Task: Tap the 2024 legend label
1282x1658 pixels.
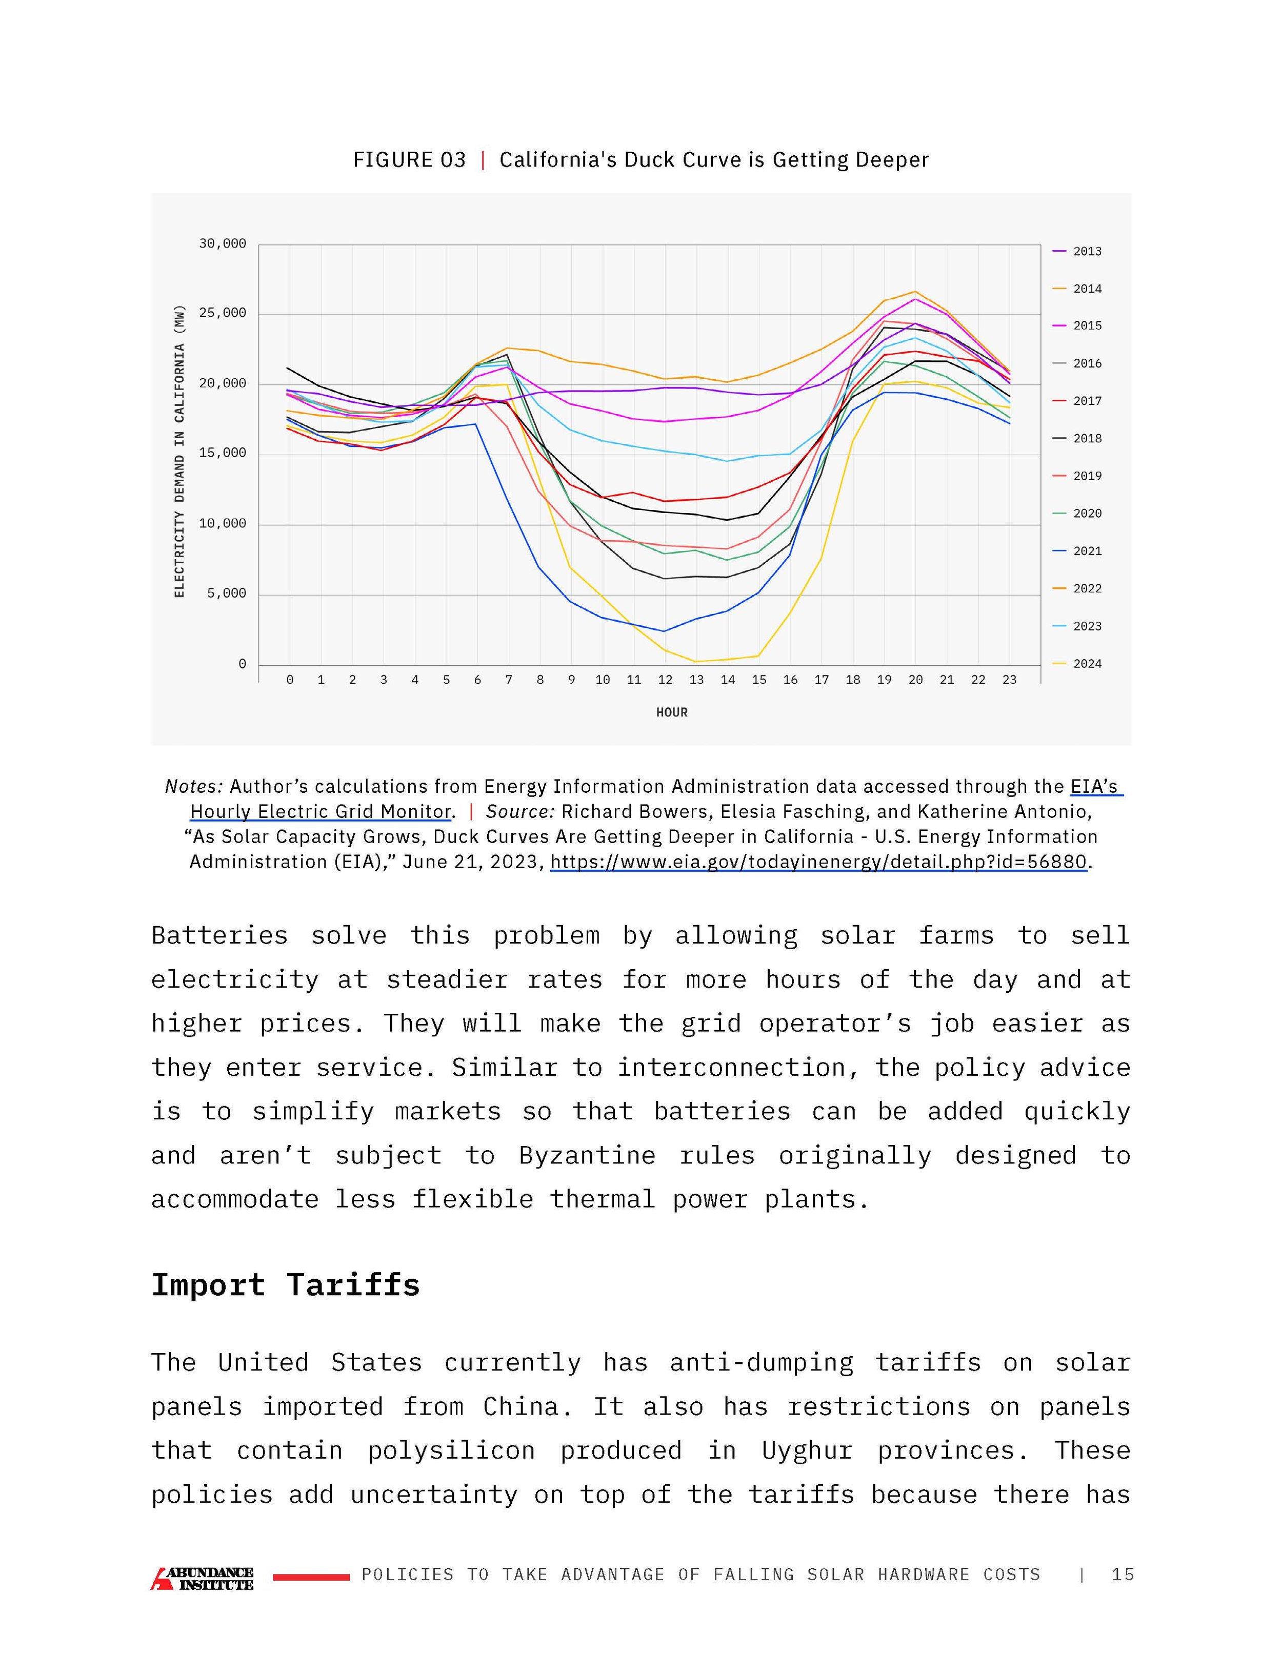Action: click(x=1087, y=664)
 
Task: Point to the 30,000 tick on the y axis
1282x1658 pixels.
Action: click(x=223, y=243)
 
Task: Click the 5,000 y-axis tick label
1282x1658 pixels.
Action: click(x=226, y=593)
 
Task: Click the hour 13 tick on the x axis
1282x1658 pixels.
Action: click(x=696, y=680)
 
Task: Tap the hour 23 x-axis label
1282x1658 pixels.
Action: click(x=1009, y=680)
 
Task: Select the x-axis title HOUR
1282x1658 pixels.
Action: click(x=671, y=712)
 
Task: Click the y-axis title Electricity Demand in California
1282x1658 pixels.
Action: click(x=179, y=451)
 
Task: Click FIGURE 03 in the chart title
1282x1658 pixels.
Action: click(x=409, y=160)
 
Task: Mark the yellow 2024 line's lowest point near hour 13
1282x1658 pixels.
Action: click(x=696, y=661)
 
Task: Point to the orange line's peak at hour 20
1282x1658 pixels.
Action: click(x=915, y=292)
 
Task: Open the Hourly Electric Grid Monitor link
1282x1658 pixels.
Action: click(x=320, y=811)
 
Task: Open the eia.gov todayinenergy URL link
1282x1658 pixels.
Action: click(x=819, y=862)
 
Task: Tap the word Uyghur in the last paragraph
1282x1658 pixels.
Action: click(x=807, y=1451)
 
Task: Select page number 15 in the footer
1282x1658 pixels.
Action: click(x=1122, y=1574)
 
